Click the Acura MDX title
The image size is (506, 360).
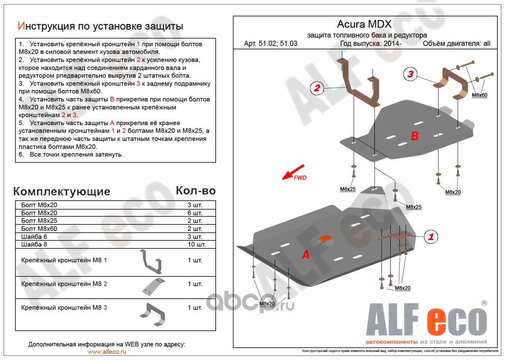pos(364,24)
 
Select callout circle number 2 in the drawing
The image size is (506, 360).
pos(317,88)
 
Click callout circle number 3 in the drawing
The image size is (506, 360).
pos(411,74)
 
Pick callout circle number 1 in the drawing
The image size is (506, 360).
pos(431,236)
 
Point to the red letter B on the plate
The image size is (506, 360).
pos(415,135)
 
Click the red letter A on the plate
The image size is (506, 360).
pos(306,255)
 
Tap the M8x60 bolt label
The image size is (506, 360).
pos(479,95)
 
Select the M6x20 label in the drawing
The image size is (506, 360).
pos(267,304)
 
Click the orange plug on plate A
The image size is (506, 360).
pos(324,238)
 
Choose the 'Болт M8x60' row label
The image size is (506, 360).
pos(39,229)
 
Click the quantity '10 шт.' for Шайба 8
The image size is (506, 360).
pos(197,245)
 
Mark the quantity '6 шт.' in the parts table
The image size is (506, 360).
pos(195,213)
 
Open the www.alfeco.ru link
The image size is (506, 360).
pos(107,351)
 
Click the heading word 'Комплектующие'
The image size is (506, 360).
pos(62,192)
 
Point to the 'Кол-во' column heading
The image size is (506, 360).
pos(195,190)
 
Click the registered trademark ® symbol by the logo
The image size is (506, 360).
pos(484,303)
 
